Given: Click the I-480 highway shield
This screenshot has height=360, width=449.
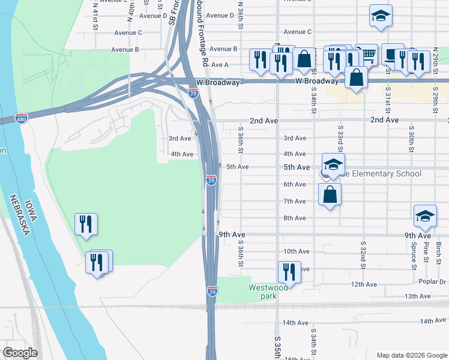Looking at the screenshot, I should [x=21, y=118].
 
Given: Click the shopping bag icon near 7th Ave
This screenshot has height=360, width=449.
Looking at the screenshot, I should [x=330, y=194].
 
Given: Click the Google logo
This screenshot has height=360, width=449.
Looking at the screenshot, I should [x=20, y=353].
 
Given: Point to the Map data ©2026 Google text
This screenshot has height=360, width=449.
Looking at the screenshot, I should [x=411, y=355].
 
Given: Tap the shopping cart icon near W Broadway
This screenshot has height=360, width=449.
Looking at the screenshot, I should [x=367, y=54].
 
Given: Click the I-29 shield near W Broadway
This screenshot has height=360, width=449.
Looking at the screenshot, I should [x=193, y=93].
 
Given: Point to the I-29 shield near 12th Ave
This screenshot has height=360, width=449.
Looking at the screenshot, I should [x=212, y=291].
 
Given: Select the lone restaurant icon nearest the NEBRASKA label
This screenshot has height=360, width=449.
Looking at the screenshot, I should [x=85, y=224].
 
